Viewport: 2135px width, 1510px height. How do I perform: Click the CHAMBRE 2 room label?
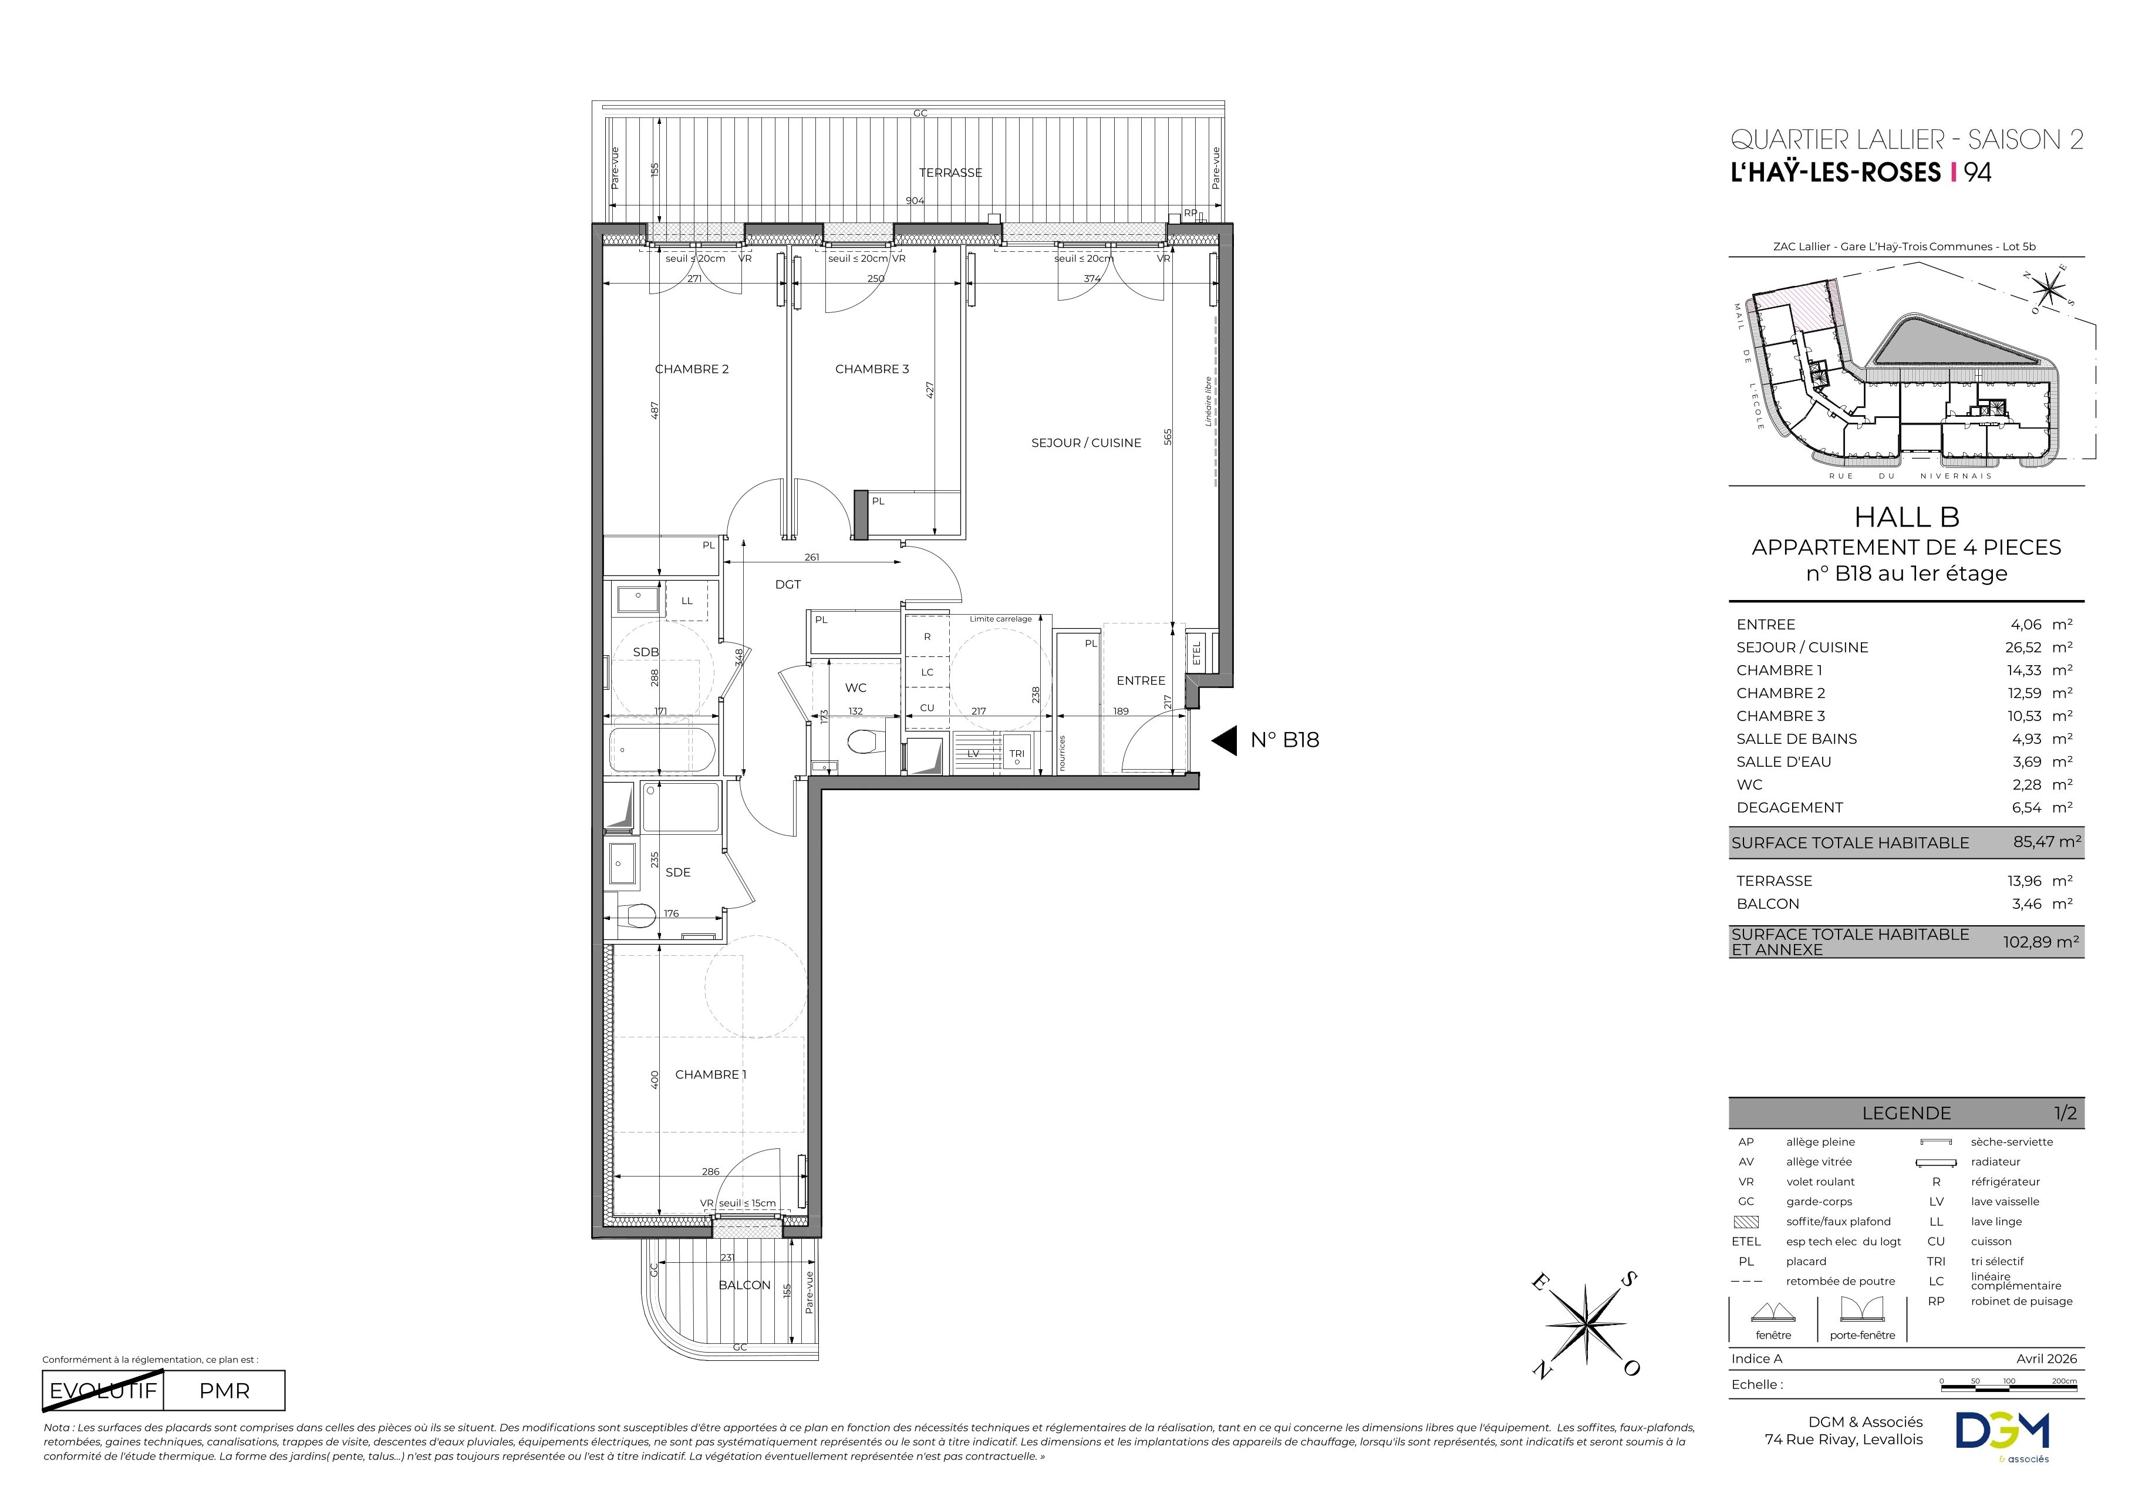(x=692, y=369)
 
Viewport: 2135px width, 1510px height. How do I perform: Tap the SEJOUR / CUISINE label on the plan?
(x=1086, y=443)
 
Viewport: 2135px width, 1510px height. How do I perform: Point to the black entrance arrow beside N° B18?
(x=1225, y=740)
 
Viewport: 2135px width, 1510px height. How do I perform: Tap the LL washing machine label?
(x=687, y=601)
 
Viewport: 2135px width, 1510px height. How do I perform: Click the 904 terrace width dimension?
(x=915, y=200)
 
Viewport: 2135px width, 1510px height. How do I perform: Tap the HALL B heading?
(x=1906, y=517)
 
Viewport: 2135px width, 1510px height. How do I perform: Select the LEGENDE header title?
(x=1906, y=1113)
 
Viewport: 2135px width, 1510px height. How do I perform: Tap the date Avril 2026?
(x=2047, y=1359)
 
